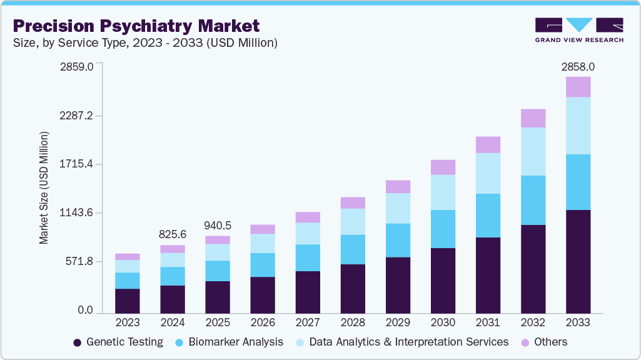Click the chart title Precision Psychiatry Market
[x=136, y=26]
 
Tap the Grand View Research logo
[x=578, y=29]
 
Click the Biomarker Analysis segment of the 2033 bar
[x=578, y=182]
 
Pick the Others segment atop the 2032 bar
[x=533, y=118]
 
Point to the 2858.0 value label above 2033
[x=578, y=66]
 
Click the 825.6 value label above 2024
[x=173, y=234]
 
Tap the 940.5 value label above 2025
[x=218, y=225]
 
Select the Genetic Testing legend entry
[x=118, y=342]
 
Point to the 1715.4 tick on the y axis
[x=76, y=164]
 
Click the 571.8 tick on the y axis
[x=78, y=261]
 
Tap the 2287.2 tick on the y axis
[x=76, y=116]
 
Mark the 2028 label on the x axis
[x=353, y=323]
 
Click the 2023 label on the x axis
[x=128, y=323]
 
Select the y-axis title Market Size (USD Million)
[x=44, y=187]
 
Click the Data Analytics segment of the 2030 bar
[x=443, y=192]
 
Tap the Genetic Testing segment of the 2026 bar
[x=263, y=294]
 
